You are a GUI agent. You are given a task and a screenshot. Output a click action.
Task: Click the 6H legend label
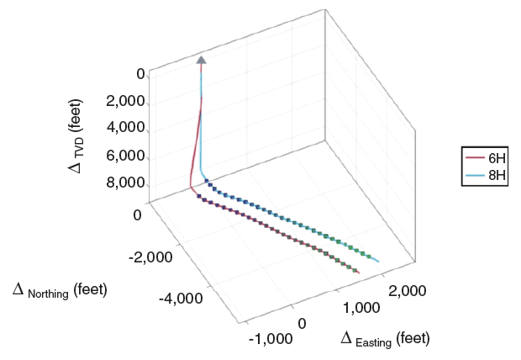497,158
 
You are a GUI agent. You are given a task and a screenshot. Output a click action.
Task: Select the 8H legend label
497,176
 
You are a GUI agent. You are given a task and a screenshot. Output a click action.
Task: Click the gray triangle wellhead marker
201,59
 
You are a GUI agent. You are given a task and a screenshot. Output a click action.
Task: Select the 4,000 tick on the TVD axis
125,129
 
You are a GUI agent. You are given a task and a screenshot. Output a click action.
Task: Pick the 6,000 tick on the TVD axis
125,156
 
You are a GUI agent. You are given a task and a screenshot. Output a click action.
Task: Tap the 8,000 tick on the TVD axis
125,183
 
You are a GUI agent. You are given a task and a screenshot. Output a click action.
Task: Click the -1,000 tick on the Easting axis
271,339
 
